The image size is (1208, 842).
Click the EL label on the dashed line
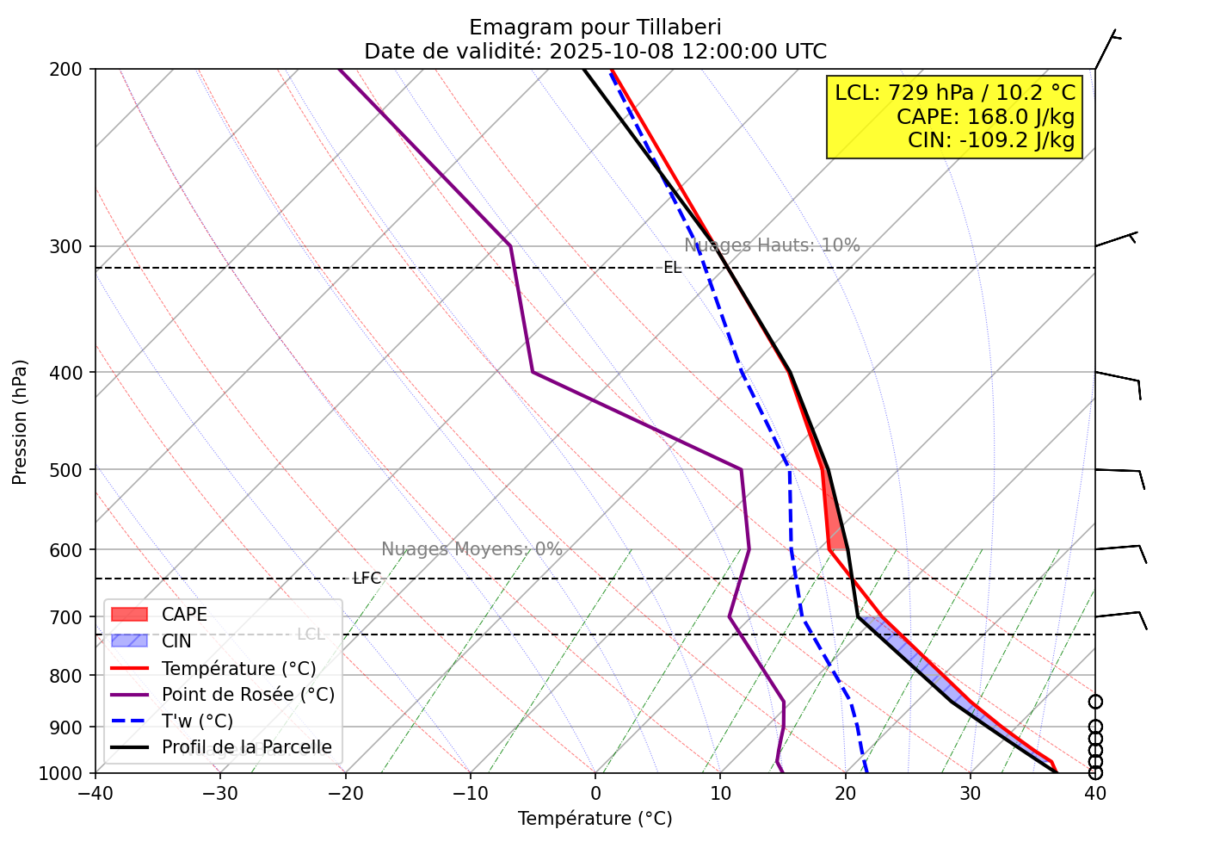point(672,268)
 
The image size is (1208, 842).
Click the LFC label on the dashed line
point(367,579)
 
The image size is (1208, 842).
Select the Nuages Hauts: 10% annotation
point(772,245)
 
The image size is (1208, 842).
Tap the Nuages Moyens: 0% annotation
point(471,549)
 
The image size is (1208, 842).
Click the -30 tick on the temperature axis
point(219,792)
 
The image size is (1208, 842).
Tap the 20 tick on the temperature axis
point(845,792)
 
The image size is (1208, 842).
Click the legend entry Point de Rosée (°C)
point(248,695)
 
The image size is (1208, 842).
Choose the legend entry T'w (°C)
point(197,721)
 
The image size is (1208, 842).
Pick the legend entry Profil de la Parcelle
point(246,747)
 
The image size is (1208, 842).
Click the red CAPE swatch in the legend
point(129,615)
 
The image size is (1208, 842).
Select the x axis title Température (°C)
point(595,819)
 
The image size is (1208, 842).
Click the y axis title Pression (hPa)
point(20,422)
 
